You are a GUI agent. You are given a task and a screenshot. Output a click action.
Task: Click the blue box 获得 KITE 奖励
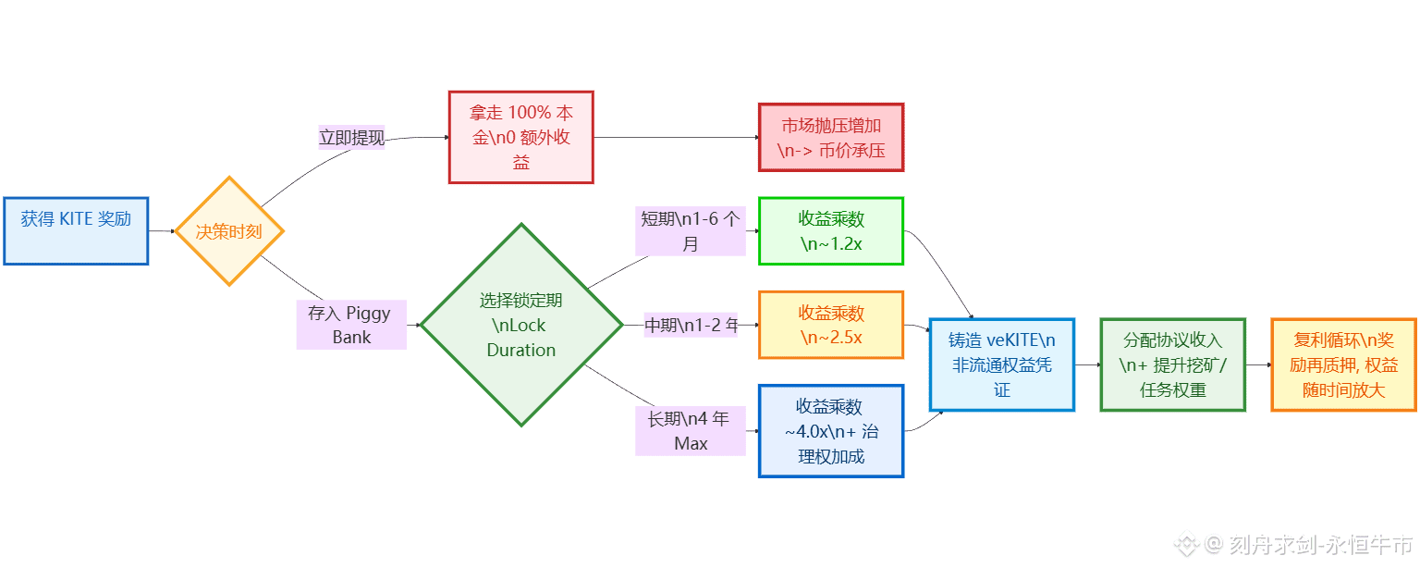pyautogui.click(x=76, y=230)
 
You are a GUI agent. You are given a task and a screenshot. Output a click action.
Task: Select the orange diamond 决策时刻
pyautogui.click(x=228, y=231)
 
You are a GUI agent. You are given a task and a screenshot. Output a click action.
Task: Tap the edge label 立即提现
pyautogui.click(x=351, y=138)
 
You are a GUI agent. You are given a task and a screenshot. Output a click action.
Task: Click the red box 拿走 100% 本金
pyautogui.click(x=520, y=137)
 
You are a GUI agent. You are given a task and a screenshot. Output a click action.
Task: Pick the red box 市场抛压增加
pyautogui.click(x=830, y=137)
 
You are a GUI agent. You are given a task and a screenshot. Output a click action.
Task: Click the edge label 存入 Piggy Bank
pyautogui.click(x=351, y=325)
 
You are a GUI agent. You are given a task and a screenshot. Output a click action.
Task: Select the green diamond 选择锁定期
pyautogui.click(x=521, y=325)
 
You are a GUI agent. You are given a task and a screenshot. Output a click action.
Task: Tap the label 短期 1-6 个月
pyautogui.click(x=691, y=231)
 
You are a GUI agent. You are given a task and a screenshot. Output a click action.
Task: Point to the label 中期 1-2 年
pyautogui.click(x=691, y=326)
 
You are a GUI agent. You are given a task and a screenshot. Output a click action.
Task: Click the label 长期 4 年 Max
pyautogui.click(x=691, y=431)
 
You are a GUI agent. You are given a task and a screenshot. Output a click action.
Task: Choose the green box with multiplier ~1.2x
pyautogui.click(x=830, y=231)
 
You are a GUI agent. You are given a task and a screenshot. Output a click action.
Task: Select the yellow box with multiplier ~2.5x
pyautogui.click(x=830, y=325)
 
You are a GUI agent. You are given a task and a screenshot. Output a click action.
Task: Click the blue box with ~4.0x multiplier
pyautogui.click(x=830, y=431)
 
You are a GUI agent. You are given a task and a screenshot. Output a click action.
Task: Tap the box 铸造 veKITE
pyautogui.click(x=1002, y=364)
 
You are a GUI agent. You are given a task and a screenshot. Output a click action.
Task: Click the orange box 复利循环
pyautogui.click(x=1343, y=364)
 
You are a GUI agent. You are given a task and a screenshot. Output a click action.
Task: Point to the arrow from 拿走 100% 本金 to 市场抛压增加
pyautogui.click(x=675, y=138)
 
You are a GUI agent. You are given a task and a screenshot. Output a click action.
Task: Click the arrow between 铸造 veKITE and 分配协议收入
pyautogui.click(x=1087, y=364)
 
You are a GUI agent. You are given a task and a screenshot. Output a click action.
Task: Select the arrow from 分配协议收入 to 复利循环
pyautogui.click(x=1258, y=364)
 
